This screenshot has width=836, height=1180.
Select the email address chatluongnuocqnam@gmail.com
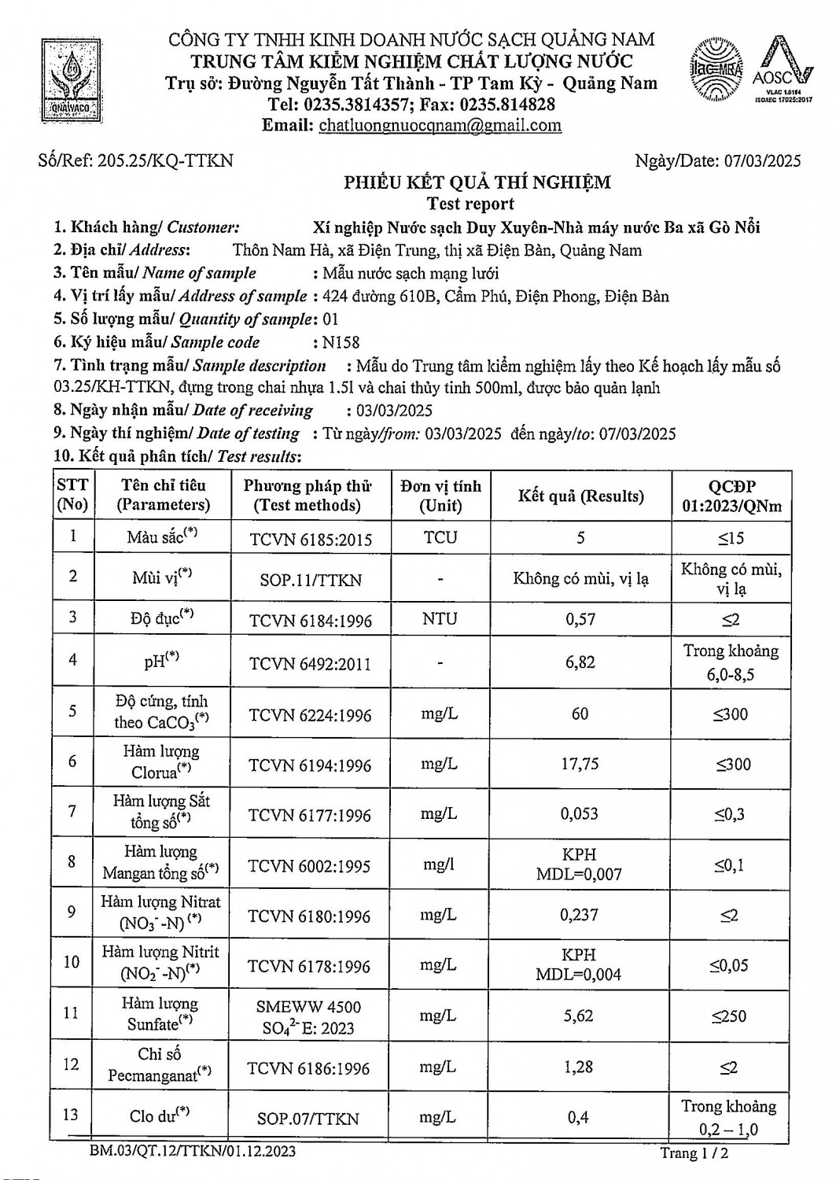[440, 125]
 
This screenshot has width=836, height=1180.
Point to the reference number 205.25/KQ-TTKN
[164, 160]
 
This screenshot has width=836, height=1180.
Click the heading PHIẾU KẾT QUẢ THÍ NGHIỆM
[477, 183]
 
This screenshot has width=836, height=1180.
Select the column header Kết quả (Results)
[580, 496]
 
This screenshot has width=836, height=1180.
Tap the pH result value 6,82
[580, 662]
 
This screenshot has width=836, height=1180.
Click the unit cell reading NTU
[440, 619]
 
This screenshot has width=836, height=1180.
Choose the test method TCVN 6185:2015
[310, 540]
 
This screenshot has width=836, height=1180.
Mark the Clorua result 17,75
[580, 765]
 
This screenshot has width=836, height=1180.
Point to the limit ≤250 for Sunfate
[729, 1016]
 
